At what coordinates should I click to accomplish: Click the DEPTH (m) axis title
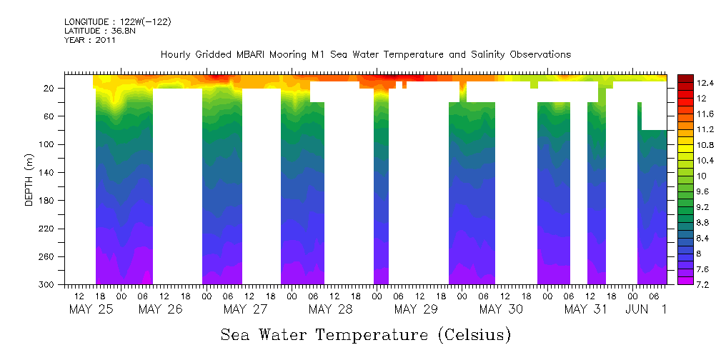point(29,179)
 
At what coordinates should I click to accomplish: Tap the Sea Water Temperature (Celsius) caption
point(366,334)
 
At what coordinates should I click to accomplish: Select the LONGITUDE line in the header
point(118,22)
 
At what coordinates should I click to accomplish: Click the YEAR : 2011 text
point(90,40)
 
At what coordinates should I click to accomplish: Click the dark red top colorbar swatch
point(685,79)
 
